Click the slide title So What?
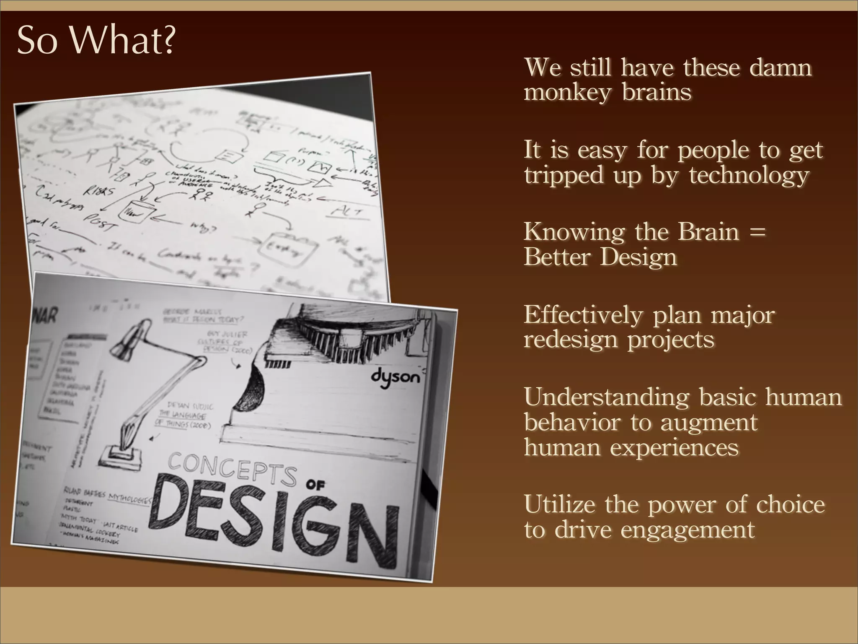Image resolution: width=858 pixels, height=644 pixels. pos(96,41)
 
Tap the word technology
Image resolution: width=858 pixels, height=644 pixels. pos(749,175)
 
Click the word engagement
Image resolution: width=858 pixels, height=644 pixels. pos(687,530)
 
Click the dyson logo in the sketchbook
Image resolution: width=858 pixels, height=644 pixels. pos(395,378)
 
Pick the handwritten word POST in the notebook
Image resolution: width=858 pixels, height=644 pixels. pos(100,222)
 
